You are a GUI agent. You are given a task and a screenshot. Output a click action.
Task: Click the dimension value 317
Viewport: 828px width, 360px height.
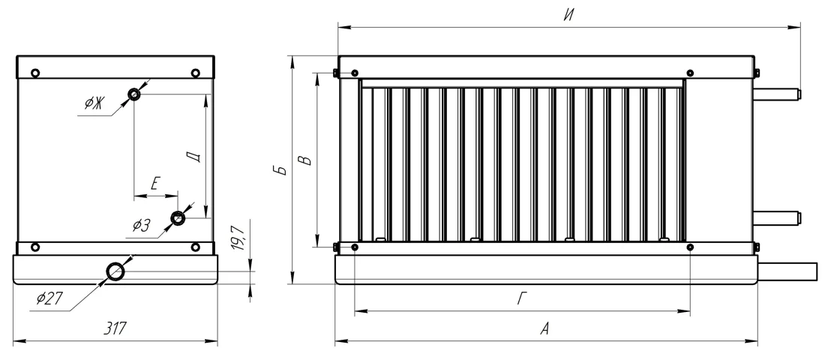click(115, 328)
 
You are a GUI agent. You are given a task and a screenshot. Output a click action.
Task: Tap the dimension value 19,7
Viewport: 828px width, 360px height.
click(238, 238)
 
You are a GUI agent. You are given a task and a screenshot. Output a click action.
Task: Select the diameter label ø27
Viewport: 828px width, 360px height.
click(49, 298)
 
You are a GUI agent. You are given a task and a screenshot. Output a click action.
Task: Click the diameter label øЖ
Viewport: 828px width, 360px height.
click(94, 103)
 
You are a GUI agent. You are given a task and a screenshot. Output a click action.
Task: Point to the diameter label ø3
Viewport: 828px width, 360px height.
click(142, 226)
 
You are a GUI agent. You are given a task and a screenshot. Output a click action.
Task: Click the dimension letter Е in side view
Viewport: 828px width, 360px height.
click(154, 184)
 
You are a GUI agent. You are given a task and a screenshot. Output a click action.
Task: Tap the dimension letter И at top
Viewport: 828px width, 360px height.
click(568, 15)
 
